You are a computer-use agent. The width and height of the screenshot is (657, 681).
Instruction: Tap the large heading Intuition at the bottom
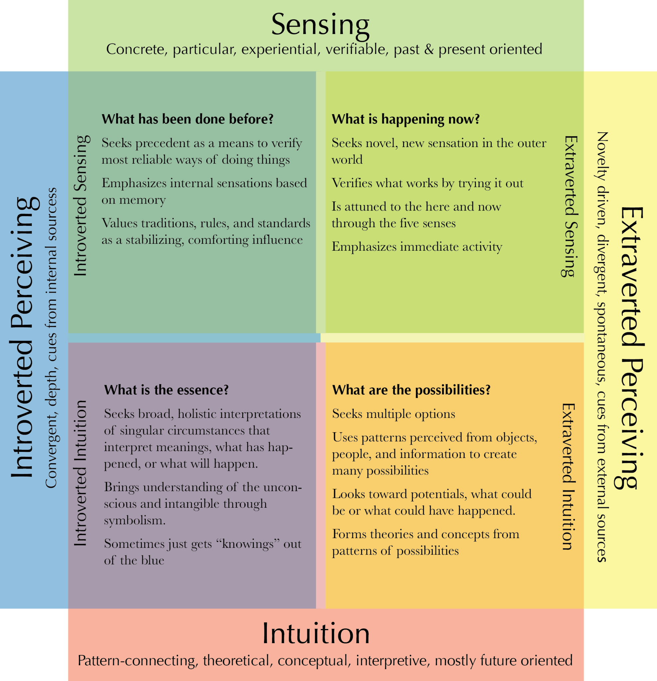click(x=316, y=633)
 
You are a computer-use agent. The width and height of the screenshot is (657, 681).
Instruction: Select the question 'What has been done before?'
click(x=187, y=119)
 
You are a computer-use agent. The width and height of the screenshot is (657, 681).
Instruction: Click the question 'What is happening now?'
click(x=406, y=119)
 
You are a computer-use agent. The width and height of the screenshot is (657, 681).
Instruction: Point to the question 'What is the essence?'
click(x=166, y=390)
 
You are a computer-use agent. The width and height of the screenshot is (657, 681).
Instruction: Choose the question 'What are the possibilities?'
click(x=411, y=390)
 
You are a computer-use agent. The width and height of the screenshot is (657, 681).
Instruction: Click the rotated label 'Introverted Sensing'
click(x=81, y=206)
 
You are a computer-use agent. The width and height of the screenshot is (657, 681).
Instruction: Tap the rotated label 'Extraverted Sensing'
click(x=570, y=206)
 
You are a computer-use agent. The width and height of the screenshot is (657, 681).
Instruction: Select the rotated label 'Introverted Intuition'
click(x=81, y=473)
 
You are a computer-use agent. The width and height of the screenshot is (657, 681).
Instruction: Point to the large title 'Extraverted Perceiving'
click(x=631, y=347)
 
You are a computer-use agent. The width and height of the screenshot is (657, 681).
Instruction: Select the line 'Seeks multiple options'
click(x=394, y=414)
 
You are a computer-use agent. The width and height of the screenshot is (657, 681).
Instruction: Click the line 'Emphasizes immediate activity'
click(x=417, y=247)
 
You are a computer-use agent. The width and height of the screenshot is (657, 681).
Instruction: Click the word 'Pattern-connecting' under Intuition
click(x=138, y=660)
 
